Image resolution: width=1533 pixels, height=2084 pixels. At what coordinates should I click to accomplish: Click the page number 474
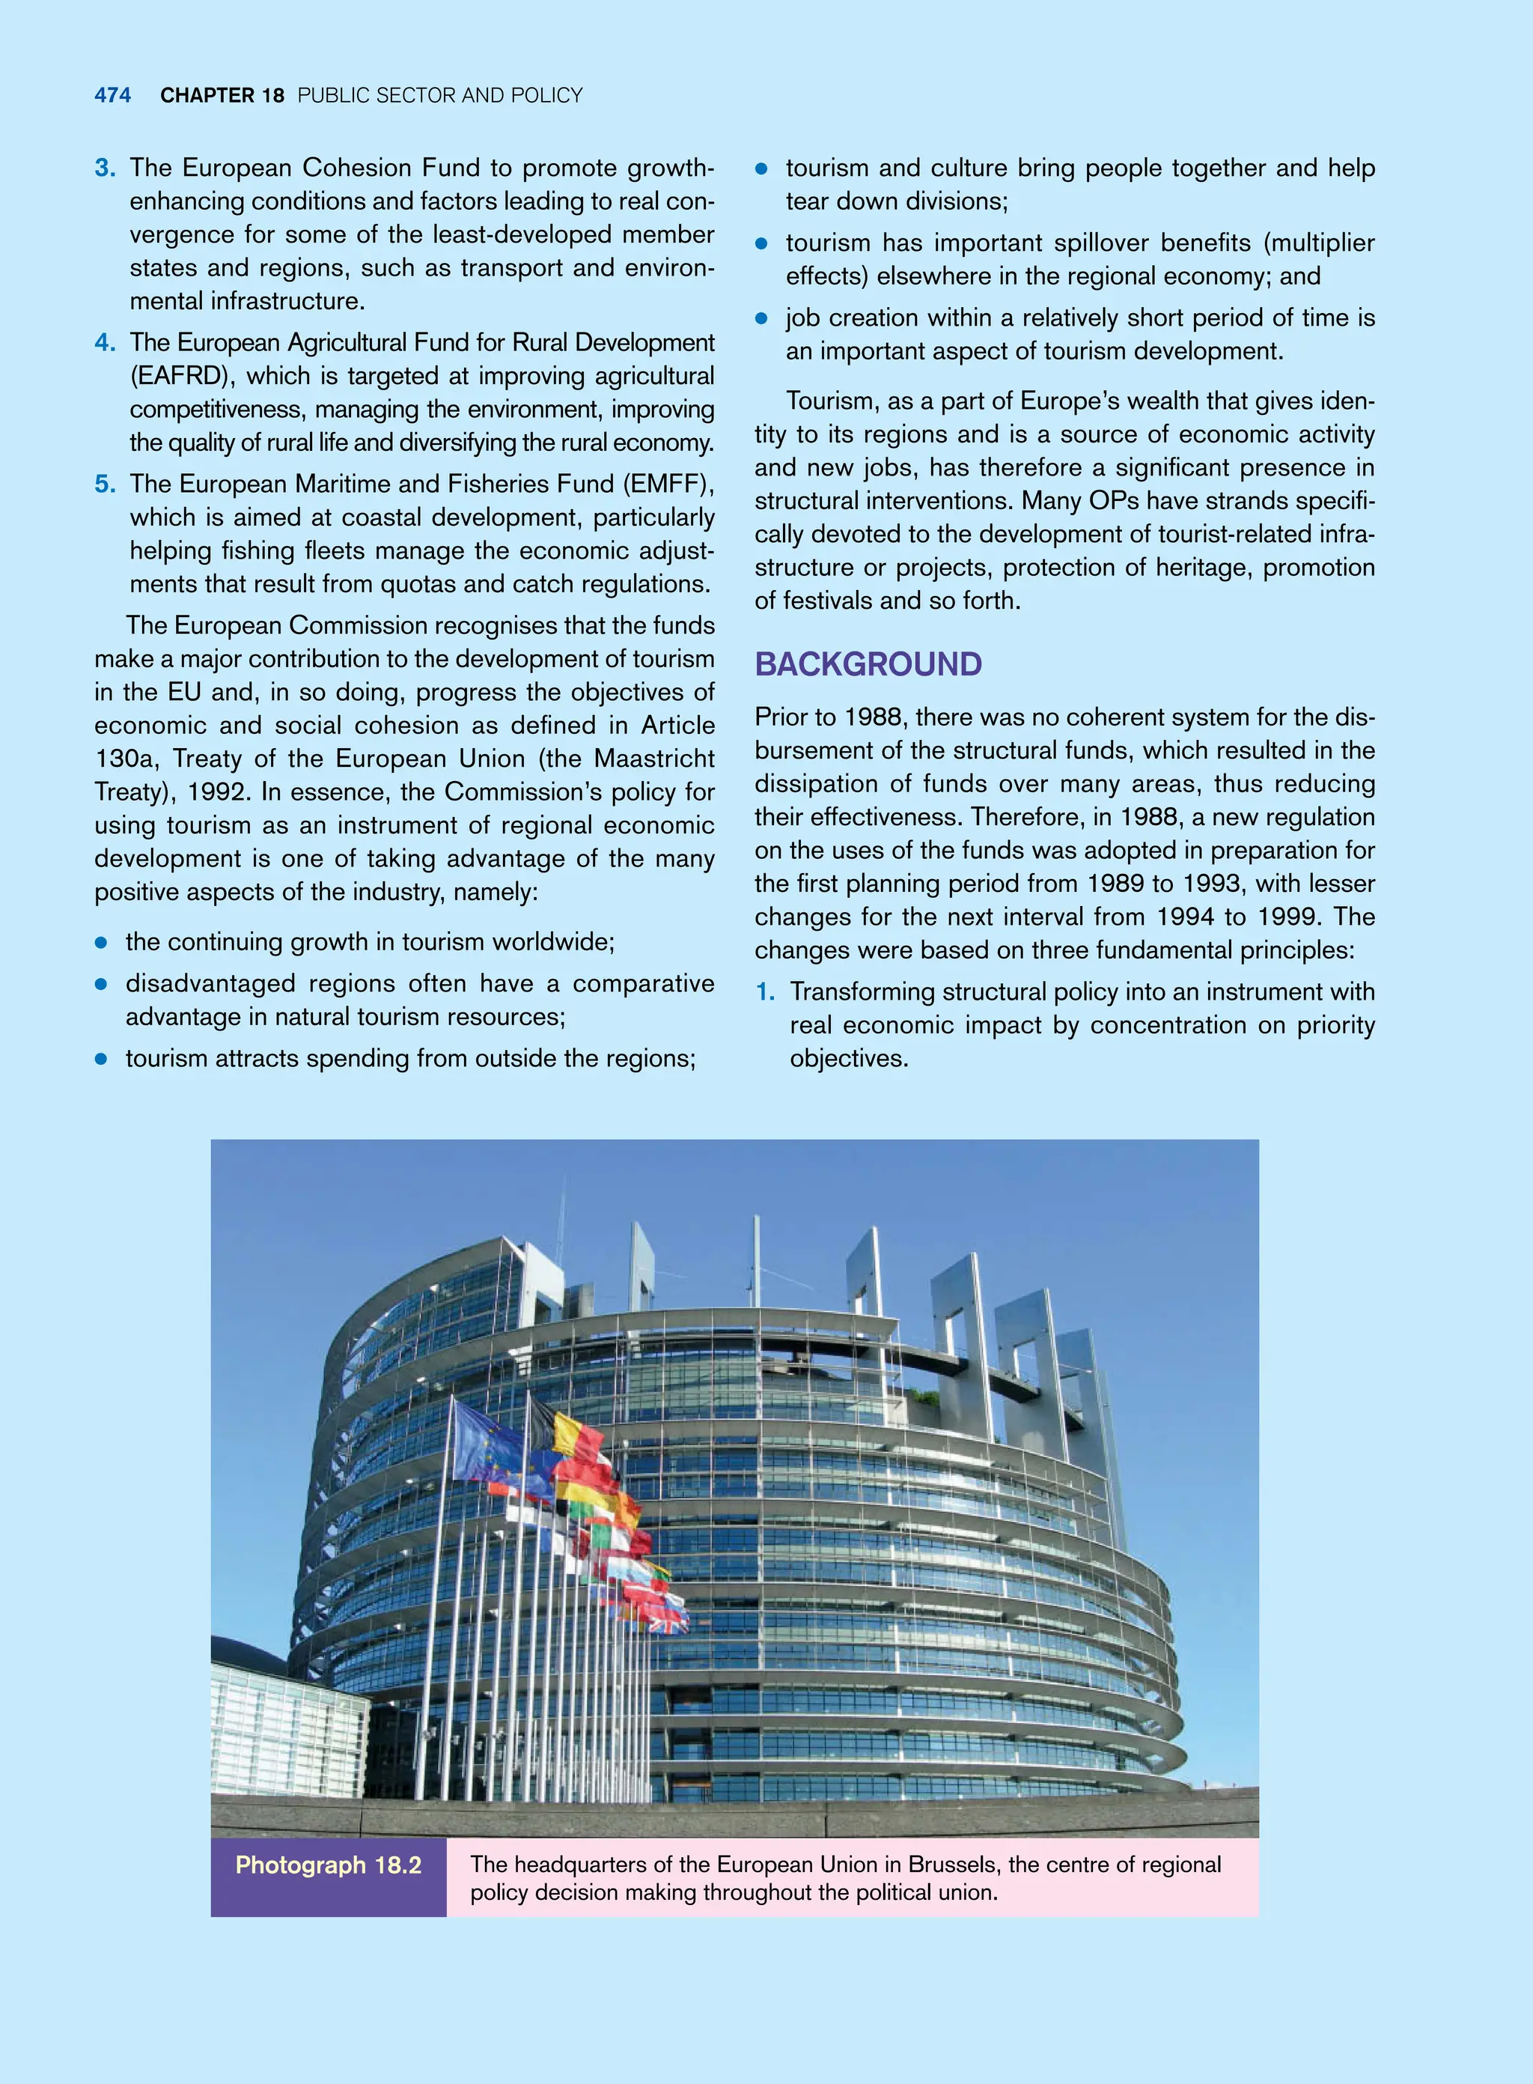click(112, 96)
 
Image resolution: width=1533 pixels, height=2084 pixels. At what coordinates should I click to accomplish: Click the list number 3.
click(105, 168)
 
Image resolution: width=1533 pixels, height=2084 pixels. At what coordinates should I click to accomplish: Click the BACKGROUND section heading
click(868, 665)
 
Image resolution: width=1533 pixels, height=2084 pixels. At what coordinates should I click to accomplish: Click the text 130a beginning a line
click(127, 759)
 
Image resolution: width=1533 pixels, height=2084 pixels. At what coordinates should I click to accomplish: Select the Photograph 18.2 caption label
click(329, 1865)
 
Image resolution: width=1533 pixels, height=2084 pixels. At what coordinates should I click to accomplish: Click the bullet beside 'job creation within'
click(762, 319)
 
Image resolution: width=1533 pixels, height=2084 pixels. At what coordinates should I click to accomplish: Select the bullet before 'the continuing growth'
click(102, 943)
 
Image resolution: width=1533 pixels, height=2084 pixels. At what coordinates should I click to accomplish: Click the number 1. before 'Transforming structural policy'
click(766, 992)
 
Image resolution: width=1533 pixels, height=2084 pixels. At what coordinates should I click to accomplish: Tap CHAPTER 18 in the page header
click(222, 96)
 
